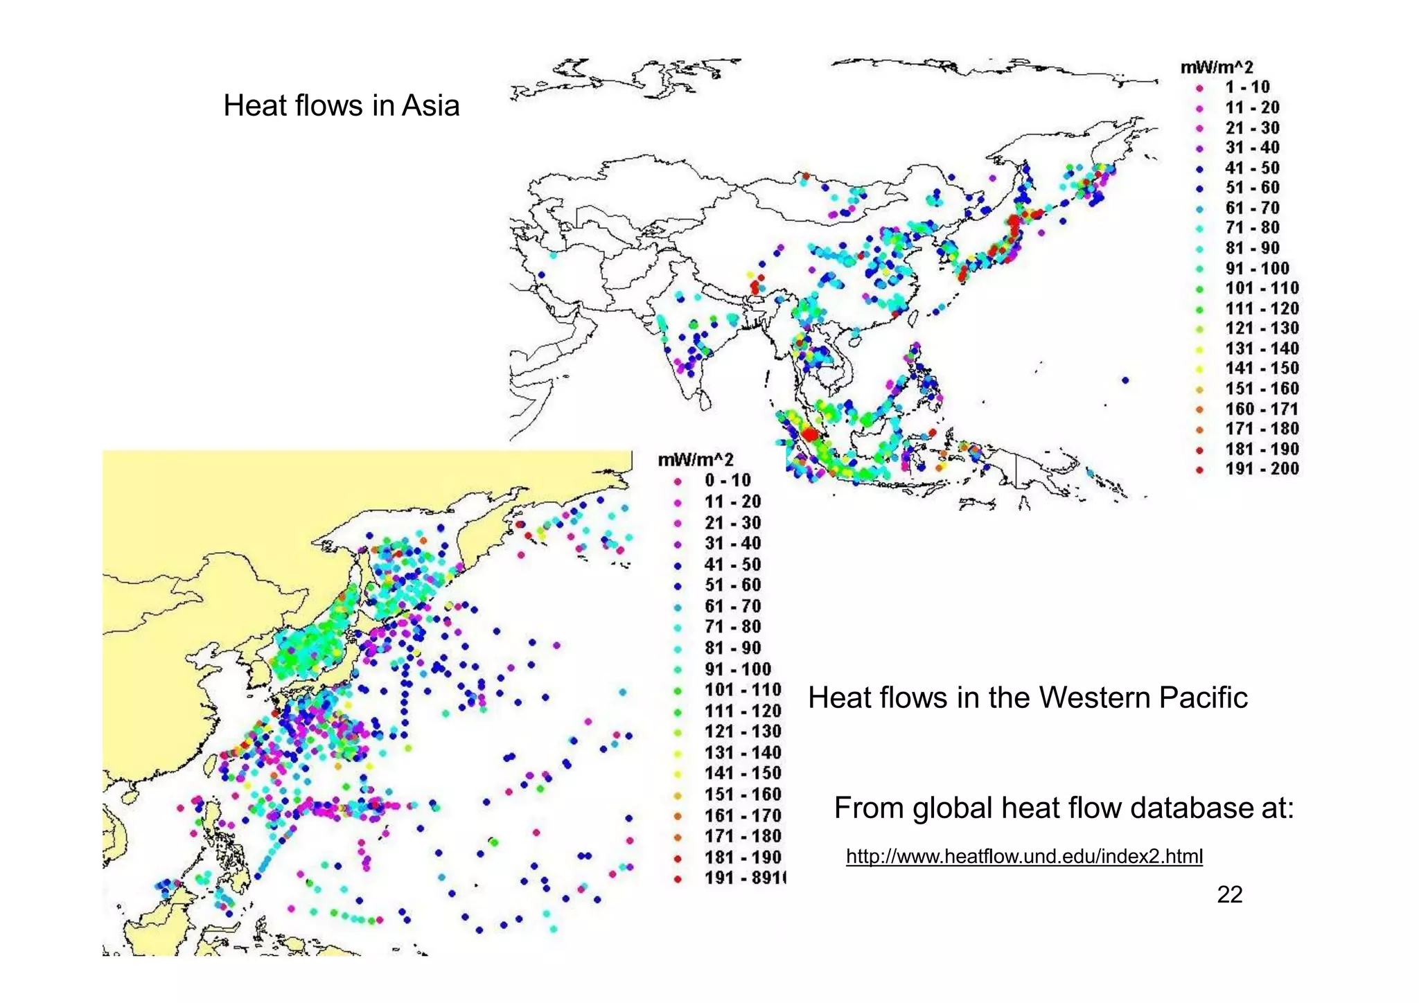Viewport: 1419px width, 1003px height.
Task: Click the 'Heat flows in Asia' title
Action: [x=341, y=106]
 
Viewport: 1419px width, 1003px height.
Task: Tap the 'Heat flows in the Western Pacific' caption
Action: [x=1027, y=698]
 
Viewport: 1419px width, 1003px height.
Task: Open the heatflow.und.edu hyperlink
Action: [x=1024, y=857]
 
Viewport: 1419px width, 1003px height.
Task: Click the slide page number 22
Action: [x=1229, y=895]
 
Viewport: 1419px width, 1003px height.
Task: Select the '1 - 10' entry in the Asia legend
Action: [x=1246, y=87]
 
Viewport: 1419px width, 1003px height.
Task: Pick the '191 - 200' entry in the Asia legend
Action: [x=1261, y=469]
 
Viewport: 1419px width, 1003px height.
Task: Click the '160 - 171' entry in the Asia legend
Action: [x=1261, y=409]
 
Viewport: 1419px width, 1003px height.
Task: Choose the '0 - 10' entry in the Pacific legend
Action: [x=728, y=480]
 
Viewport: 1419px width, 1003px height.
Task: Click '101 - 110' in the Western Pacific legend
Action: [x=742, y=690]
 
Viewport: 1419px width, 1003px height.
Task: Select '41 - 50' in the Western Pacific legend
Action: [x=732, y=565]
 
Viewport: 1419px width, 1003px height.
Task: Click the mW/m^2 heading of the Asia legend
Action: [x=1217, y=67]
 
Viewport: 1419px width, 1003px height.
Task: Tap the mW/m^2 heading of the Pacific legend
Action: [x=695, y=459]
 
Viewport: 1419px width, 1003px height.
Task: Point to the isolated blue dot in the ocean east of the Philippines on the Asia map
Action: [x=1125, y=380]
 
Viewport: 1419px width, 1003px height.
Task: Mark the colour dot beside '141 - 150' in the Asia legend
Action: [x=1199, y=369]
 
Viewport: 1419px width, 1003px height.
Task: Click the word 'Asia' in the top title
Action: [x=430, y=106]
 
